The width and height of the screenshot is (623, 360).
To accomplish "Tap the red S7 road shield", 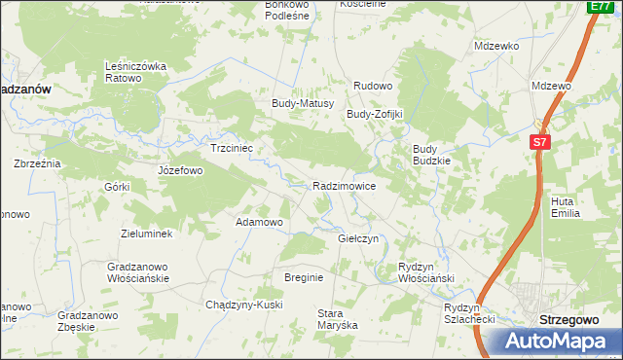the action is point(541,142).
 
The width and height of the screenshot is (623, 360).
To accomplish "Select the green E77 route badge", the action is point(600,7).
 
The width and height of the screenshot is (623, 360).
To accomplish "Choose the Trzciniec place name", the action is point(232,149).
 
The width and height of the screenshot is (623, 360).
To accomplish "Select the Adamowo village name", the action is point(259,222).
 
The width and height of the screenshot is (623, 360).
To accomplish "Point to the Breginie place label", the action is point(304,277).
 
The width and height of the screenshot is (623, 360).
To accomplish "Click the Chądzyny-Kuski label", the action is point(244,305).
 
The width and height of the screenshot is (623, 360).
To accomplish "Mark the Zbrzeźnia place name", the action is point(37,163).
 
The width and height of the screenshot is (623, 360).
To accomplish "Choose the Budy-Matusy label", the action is point(303,103).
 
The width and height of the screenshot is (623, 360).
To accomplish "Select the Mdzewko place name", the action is point(496,46).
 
